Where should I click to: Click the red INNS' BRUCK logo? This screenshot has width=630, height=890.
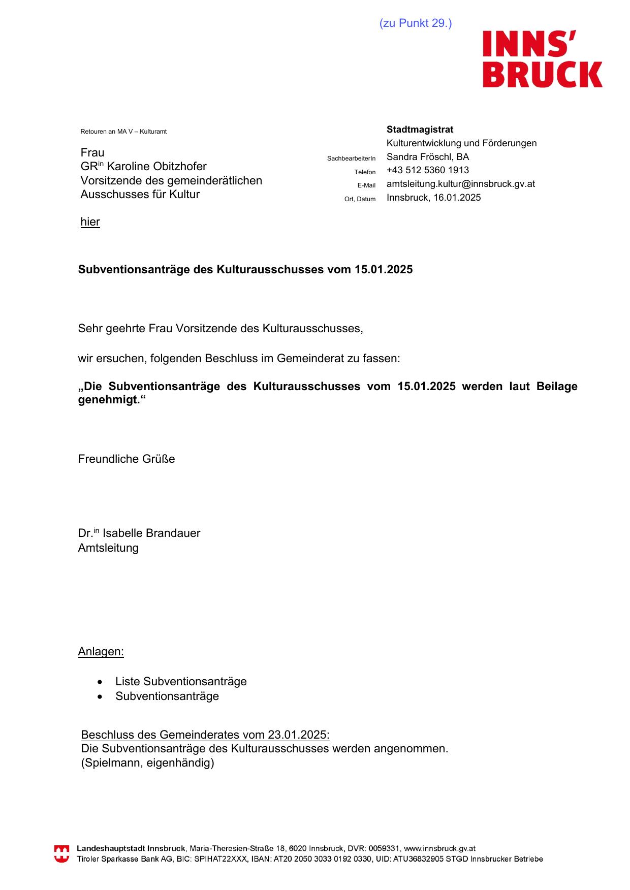click(542, 59)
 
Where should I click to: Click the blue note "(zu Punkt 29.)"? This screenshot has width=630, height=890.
click(415, 23)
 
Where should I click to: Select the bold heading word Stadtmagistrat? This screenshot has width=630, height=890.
click(420, 130)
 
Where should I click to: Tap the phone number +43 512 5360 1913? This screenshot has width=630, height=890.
click(427, 170)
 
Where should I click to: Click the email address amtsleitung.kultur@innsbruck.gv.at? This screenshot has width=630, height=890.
click(460, 184)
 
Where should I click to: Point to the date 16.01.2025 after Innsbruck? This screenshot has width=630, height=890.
click(457, 198)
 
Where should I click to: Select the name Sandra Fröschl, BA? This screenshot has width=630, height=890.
click(427, 157)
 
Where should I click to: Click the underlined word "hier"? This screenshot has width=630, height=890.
click(90, 222)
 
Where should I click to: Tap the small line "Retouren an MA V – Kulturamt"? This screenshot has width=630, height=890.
click(123, 132)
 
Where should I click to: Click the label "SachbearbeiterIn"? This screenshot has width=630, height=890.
click(351, 158)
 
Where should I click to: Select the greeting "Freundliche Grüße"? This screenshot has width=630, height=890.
click(127, 459)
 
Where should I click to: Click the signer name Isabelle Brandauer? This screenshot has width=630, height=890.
click(151, 533)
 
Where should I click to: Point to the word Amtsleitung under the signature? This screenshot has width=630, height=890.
click(108, 548)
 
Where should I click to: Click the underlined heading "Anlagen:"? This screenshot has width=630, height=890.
click(101, 652)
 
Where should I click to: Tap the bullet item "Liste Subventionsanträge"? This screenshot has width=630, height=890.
click(181, 682)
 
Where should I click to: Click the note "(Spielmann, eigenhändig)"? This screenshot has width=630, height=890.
click(147, 763)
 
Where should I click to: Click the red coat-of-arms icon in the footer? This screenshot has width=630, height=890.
click(61, 853)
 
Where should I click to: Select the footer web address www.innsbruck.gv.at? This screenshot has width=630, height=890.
click(439, 848)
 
